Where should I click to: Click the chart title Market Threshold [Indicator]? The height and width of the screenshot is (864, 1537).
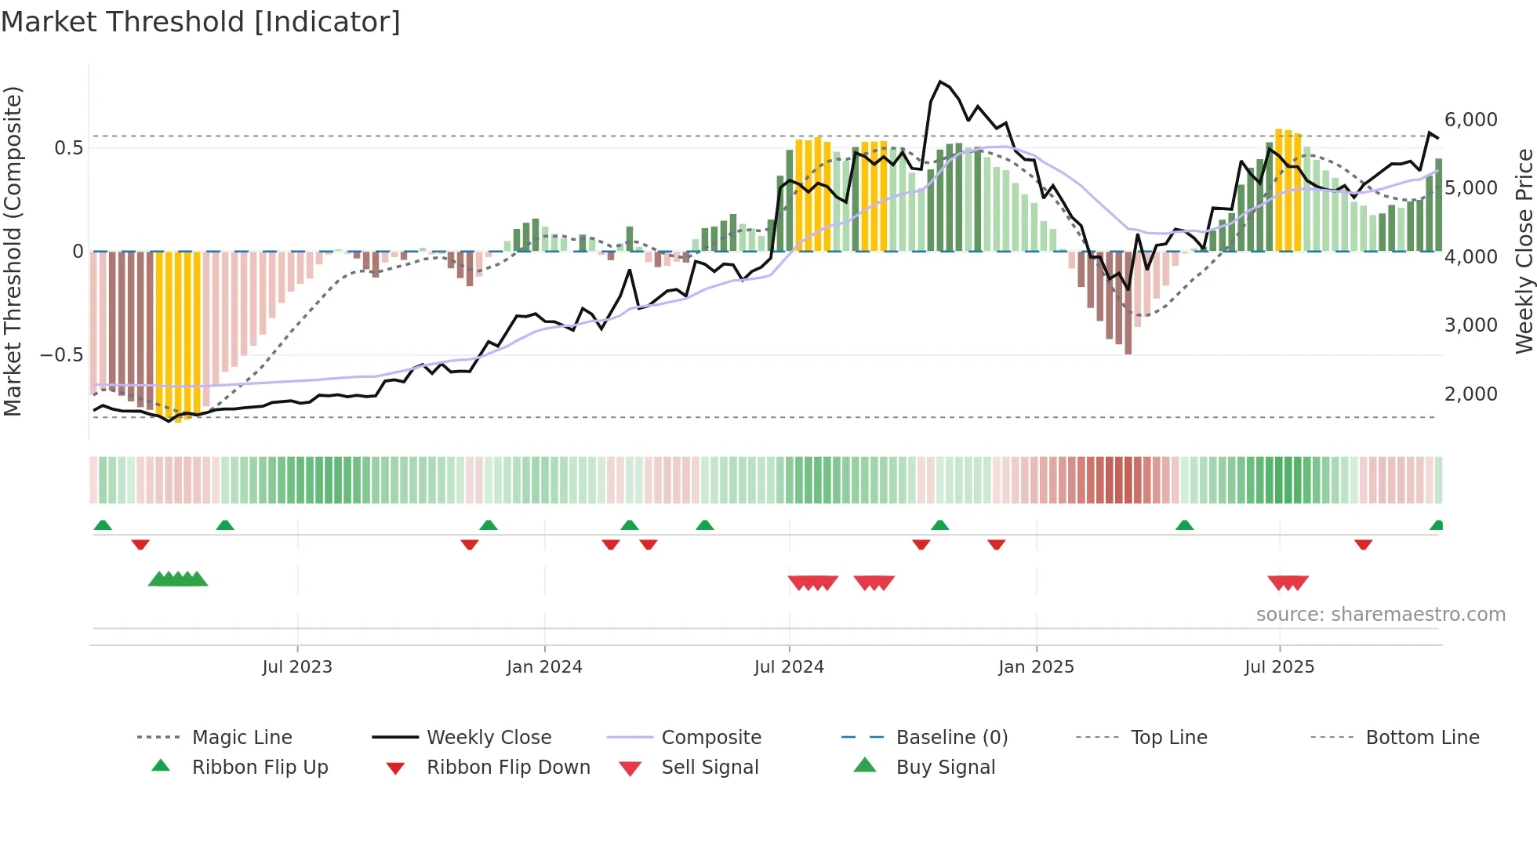point(201,22)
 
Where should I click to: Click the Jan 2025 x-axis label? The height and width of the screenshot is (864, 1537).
point(1036,666)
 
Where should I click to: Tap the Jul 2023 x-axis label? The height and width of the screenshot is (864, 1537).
point(297,666)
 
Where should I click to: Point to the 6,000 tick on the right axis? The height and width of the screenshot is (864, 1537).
point(1470,119)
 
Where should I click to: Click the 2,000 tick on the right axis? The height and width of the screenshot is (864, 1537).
point(1470,394)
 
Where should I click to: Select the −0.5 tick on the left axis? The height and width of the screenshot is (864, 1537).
point(61,354)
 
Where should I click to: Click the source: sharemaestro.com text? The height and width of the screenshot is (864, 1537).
point(1380,614)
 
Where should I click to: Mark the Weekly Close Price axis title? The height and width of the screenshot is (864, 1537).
point(1524,251)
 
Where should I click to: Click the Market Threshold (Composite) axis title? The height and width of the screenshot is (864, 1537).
point(13,251)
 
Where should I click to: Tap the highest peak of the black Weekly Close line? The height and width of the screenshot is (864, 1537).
point(940,82)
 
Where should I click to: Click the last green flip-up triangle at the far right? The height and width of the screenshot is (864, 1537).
point(1437,525)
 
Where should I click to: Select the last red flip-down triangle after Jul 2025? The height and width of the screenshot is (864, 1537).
point(1363,544)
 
